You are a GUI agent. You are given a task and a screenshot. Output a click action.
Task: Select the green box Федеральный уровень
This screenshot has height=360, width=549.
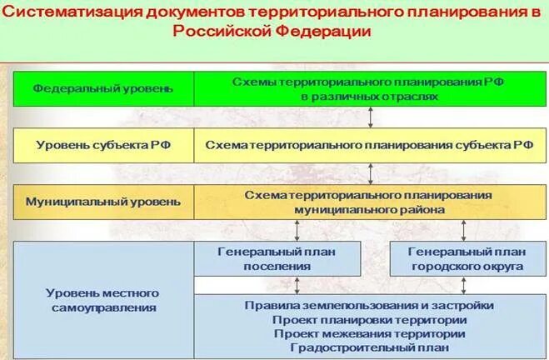[104, 87]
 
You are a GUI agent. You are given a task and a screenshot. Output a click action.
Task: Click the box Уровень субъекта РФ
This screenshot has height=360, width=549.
[104, 144]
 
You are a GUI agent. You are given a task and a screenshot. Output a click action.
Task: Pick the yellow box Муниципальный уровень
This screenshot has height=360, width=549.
[102, 202]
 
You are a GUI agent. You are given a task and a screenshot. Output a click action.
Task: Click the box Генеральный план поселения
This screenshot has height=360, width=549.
[277, 258]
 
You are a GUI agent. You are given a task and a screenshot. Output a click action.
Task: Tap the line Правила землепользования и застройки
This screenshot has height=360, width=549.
[369, 305]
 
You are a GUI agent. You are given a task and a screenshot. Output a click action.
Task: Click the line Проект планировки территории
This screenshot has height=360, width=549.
[369, 319]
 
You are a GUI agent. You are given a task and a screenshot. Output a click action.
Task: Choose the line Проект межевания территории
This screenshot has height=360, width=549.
[369, 333]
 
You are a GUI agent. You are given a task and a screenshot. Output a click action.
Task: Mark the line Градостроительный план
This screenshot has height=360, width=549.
[369, 347]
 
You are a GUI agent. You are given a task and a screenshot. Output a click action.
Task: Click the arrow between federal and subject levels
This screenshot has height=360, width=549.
[370, 116]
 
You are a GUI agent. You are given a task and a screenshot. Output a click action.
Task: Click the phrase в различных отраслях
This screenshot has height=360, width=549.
[369, 97]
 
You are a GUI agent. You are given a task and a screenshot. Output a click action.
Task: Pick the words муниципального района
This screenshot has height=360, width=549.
[369, 209]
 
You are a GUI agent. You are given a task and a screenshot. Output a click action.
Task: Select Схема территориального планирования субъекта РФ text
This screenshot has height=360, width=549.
[369, 144]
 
